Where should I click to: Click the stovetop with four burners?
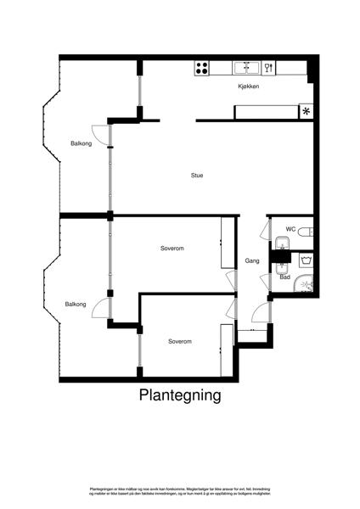tap(203, 68)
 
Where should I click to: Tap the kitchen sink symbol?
tap(247, 67)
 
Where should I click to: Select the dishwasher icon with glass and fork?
tap(269, 67)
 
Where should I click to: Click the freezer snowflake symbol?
tap(307, 111)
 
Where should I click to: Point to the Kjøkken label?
tap(248, 87)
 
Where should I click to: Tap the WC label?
tap(290, 229)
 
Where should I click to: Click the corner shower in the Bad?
tap(304, 284)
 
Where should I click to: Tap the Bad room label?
tap(285, 277)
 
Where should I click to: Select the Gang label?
tap(252, 260)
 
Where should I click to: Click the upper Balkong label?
tap(81, 143)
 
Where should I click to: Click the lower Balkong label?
tap(76, 304)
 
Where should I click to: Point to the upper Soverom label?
tap(172, 249)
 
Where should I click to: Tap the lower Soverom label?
tap(179, 341)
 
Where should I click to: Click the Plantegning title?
tap(180, 395)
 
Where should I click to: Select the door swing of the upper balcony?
tap(99, 132)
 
